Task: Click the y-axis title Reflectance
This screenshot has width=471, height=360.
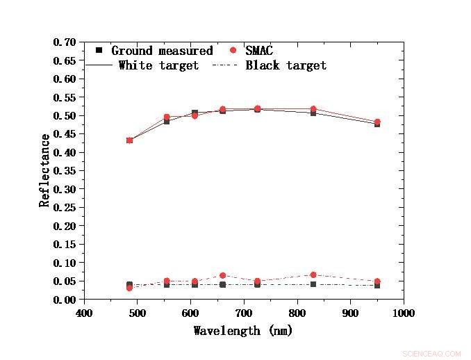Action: [45, 171]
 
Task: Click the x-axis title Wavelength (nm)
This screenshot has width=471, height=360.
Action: [243, 331]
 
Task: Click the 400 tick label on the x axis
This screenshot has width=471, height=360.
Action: [84, 313]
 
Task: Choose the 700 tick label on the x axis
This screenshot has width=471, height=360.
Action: [244, 313]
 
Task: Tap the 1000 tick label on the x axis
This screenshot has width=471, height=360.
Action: [403, 313]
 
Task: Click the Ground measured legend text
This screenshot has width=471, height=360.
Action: [162, 51]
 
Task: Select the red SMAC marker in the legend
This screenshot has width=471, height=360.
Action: [233, 51]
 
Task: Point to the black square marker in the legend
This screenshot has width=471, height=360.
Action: [99, 51]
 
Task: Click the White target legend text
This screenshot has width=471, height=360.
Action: [158, 65]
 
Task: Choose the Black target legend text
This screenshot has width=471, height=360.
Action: [286, 65]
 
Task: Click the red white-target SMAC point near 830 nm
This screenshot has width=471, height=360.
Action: [313, 109]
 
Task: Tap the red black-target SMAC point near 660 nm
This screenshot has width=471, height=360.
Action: [222, 276]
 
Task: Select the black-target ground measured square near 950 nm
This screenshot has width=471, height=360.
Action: [377, 285]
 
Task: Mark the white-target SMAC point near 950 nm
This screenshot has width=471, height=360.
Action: [377, 122]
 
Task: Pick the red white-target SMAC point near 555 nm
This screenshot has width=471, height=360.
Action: [167, 117]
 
